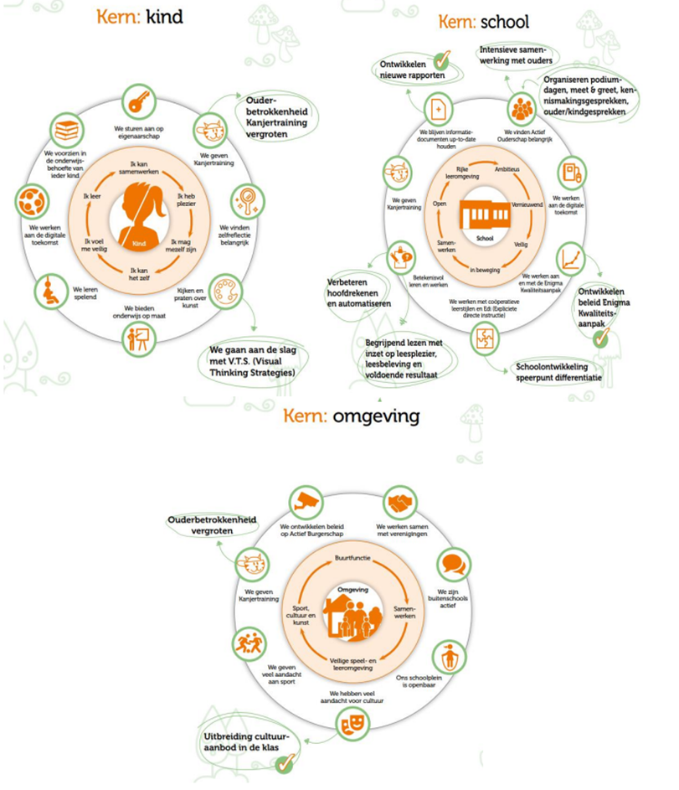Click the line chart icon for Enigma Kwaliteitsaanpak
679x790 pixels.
click(x=573, y=256)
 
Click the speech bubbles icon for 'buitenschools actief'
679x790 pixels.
click(x=453, y=562)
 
